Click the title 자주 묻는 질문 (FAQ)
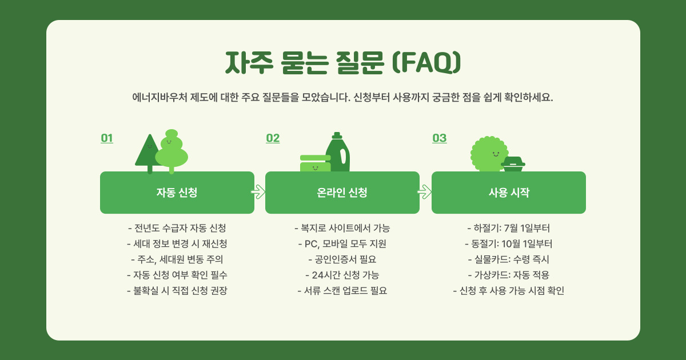pos(342,62)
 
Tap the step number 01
pos(107,138)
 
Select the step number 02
pos(273,138)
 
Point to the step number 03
pos(439,138)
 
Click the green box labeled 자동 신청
pos(177,193)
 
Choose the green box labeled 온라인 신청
pos(342,193)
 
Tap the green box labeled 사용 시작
pos(508,193)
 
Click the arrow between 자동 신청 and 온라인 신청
pos(259,192)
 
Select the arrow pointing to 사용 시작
pos(425,192)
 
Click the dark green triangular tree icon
pos(148,152)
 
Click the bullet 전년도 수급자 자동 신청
pos(177,228)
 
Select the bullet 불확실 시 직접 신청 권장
pos(177,290)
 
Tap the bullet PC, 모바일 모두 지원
pos(342,244)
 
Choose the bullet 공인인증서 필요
pos(342,259)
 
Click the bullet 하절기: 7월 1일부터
pos(508,228)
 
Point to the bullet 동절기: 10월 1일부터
pos(508,244)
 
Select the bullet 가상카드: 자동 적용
pos(508,275)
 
